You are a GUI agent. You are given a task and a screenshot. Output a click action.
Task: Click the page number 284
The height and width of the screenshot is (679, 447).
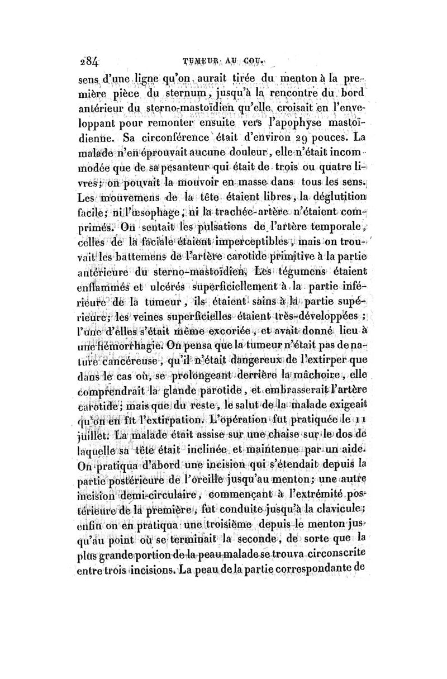point(88,61)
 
